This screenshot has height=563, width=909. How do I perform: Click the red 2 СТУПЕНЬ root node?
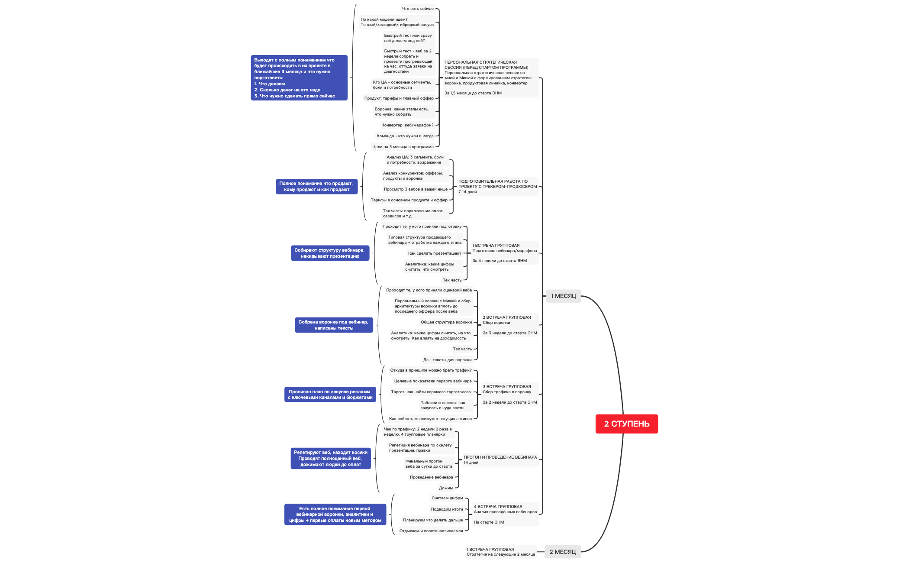pyautogui.click(x=626, y=424)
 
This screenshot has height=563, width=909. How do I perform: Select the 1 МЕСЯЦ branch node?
pyautogui.click(x=563, y=296)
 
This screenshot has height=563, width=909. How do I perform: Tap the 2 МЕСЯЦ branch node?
pyautogui.click(x=562, y=552)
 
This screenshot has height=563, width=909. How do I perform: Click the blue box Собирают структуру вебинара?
pyautogui.click(x=330, y=253)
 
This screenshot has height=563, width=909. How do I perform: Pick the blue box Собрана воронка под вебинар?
pyautogui.click(x=334, y=325)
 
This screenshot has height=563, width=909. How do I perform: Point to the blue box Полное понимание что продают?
pyautogui.click(x=316, y=187)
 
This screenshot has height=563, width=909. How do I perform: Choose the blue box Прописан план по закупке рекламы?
pyautogui.click(x=330, y=395)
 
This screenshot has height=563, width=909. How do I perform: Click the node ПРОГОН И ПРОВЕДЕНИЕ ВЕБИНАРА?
pyautogui.click(x=500, y=460)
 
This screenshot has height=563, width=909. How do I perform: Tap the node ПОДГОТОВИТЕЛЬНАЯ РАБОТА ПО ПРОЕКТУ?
pyautogui.click(x=497, y=187)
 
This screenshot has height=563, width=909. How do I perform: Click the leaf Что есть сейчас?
pyautogui.click(x=417, y=9)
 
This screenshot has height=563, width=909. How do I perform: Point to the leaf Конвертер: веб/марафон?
pyautogui.click(x=407, y=125)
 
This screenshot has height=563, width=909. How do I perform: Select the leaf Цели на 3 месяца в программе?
pyautogui.click(x=403, y=147)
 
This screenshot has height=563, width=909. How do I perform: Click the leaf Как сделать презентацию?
pyautogui.click(x=434, y=253)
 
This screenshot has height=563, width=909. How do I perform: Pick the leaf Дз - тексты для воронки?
pyautogui.click(x=447, y=360)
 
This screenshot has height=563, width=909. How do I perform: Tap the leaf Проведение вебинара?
pyautogui.click(x=431, y=477)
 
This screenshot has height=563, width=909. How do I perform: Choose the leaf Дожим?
pyautogui.click(x=445, y=488)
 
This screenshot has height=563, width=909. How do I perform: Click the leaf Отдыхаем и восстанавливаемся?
pyautogui.click(x=431, y=531)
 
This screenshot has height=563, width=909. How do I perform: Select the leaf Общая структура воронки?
pyautogui.click(x=446, y=322)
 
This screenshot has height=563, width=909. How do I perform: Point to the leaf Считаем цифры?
pyautogui.click(x=447, y=498)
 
